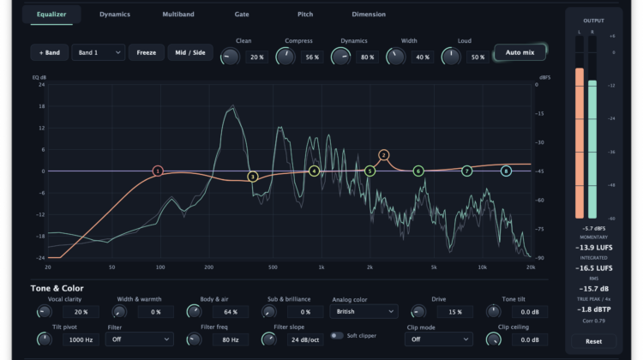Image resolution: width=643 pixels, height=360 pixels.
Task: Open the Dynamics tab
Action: pyautogui.click(x=115, y=15)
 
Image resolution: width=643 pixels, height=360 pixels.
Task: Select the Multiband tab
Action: pyautogui.click(x=178, y=15)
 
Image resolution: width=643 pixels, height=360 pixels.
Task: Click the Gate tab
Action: pyautogui.click(x=242, y=15)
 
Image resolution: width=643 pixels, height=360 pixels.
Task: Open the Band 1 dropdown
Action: pyautogui.click(x=99, y=52)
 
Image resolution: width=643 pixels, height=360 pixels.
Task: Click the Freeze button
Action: pyautogui.click(x=147, y=52)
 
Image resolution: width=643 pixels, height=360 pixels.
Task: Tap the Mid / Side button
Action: pyautogui.click(x=190, y=52)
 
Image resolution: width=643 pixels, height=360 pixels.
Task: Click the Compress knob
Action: pyautogui.click(x=285, y=57)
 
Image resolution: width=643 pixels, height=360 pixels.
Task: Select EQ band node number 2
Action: pyautogui.click(x=384, y=155)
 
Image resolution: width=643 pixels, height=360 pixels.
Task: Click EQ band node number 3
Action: pyautogui.click(x=253, y=177)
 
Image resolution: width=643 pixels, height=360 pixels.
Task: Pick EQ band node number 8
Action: pyautogui.click(x=506, y=171)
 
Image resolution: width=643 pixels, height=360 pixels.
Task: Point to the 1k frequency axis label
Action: pyautogui.click(x=321, y=267)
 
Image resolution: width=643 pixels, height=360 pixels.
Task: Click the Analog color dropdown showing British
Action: pyautogui.click(x=364, y=312)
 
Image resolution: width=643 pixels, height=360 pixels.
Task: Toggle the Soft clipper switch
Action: pyautogui.click(x=337, y=335)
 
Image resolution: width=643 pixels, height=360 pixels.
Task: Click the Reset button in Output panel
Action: pyautogui.click(x=593, y=341)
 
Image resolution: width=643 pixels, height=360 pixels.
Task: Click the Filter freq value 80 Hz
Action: pyautogui.click(x=231, y=340)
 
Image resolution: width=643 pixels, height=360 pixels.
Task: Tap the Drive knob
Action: pyautogui.click(x=418, y=312)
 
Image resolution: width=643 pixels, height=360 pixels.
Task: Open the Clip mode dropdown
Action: pyautogui.click(x=439, y=339)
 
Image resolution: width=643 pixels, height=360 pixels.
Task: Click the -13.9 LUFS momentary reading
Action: pyautogui.click(x=594, y=248)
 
